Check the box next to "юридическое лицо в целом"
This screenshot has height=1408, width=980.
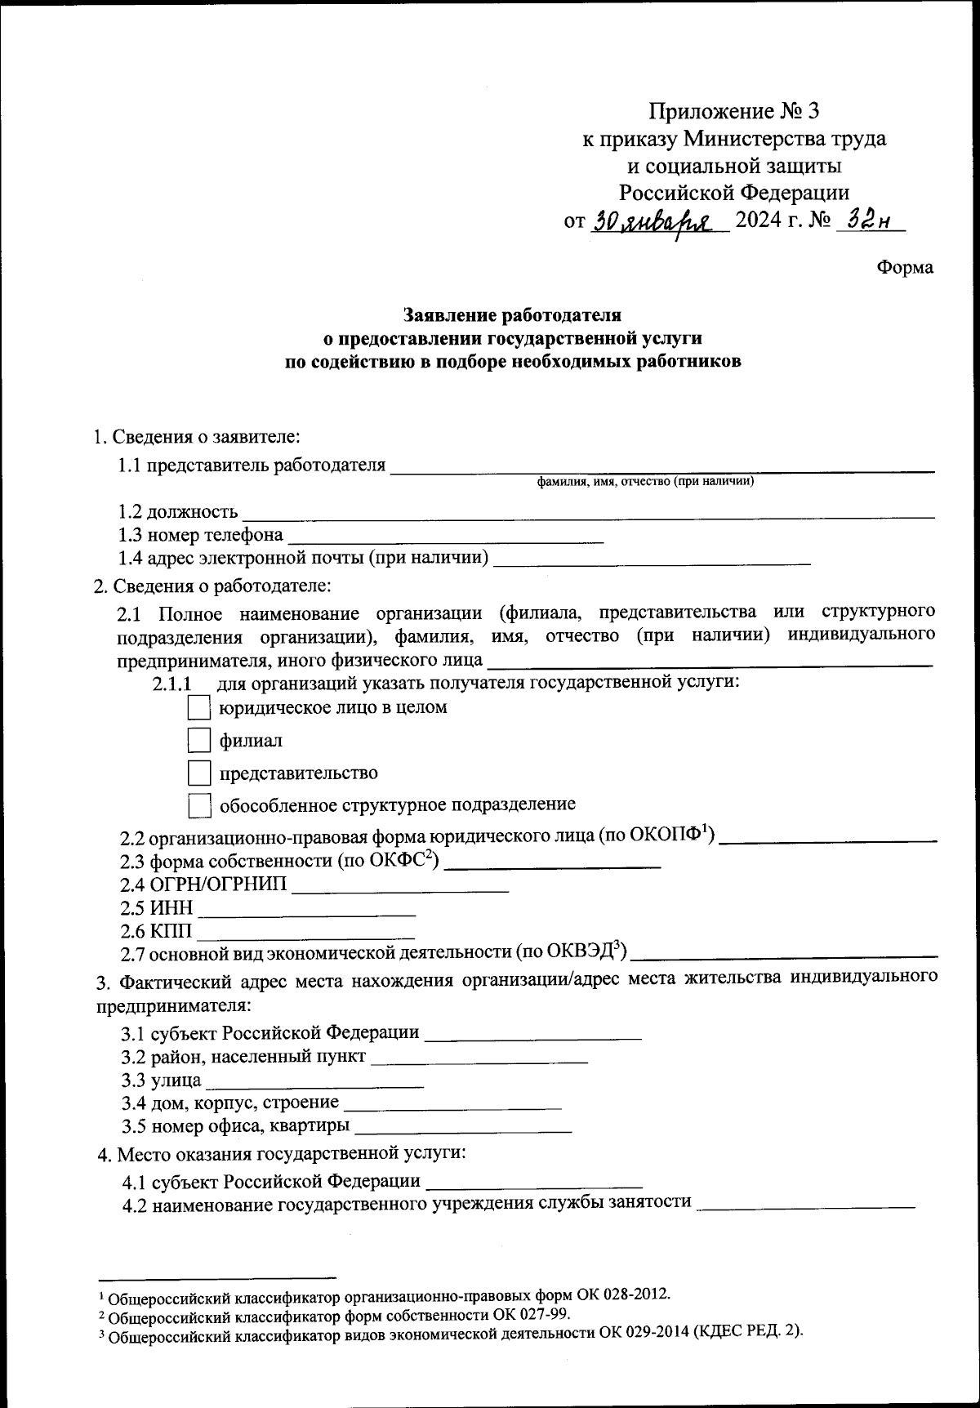(x=199, y=708)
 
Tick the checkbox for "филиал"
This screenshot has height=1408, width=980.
(x=199, y=741)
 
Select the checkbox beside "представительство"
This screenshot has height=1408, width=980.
(x=199, y=773)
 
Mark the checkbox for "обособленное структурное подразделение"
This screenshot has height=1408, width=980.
(x=199, y=805)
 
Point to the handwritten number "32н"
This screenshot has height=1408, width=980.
(x=868, y=221)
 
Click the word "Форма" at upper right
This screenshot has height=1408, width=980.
(x=905, y=268)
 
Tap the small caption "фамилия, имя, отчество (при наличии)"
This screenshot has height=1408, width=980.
(x=645, y=482)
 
